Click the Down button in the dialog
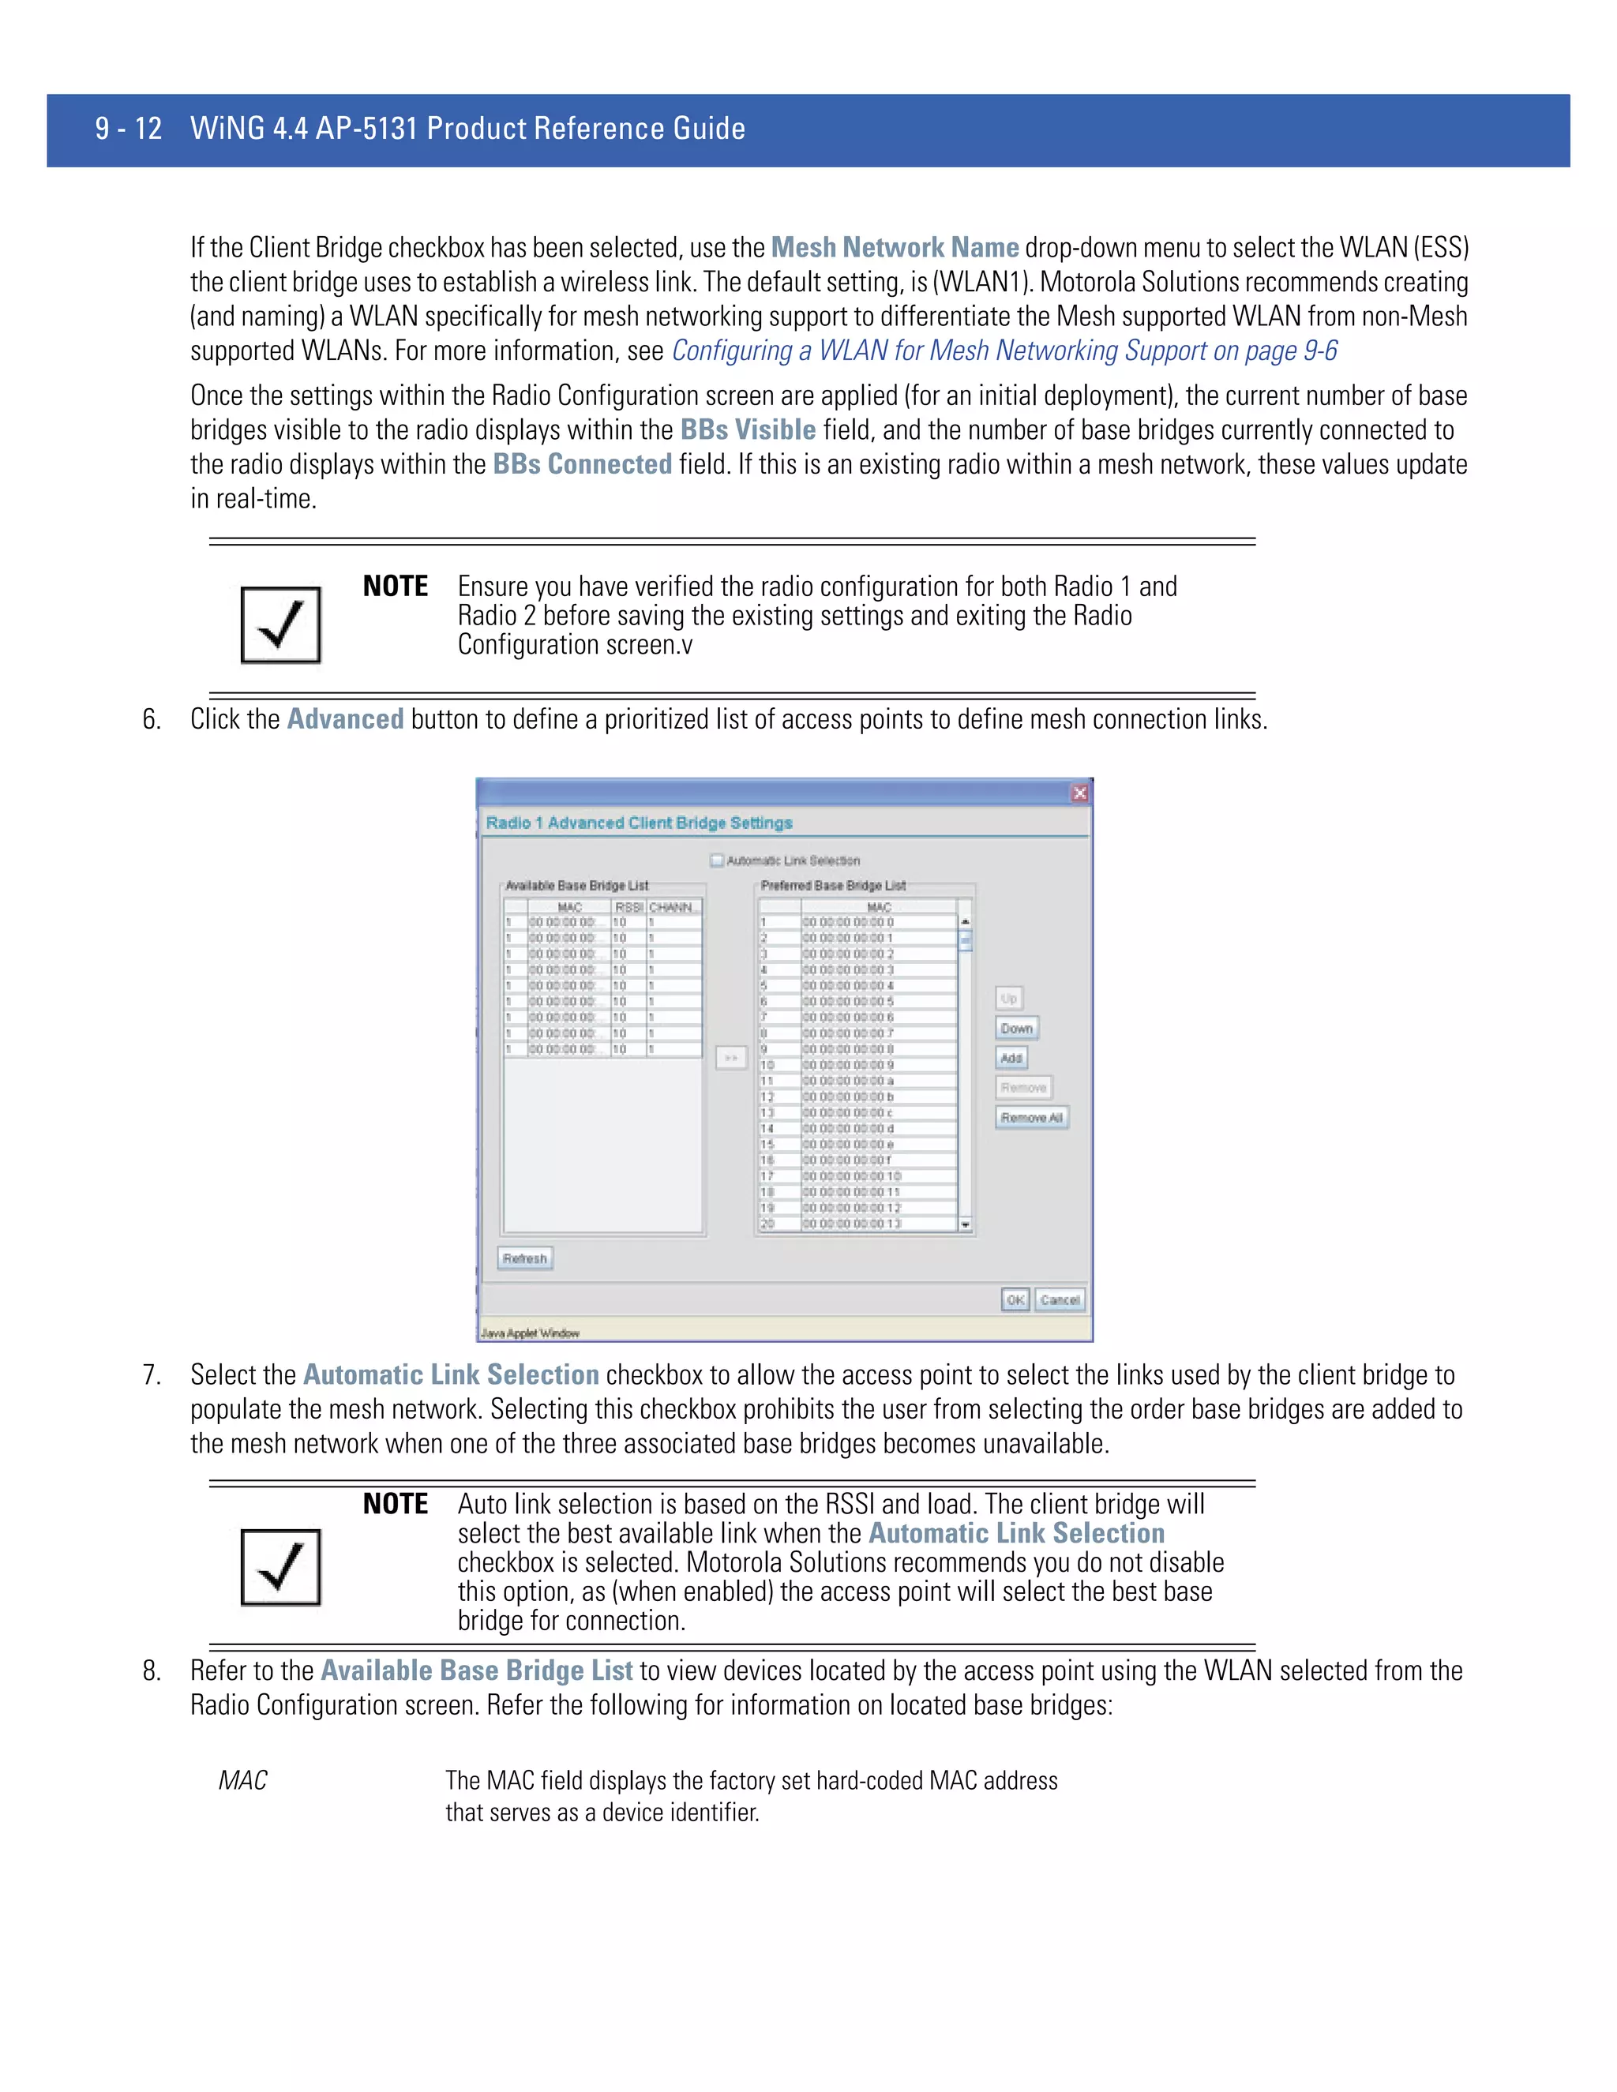pos(1016,1029)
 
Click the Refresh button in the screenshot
pos(525,1258)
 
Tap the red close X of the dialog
pos(1079,793)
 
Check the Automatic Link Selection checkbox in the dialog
pos(717,860)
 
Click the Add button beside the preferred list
pos(1011,1059)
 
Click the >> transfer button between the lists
pos(731,1058)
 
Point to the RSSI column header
pos(628,907)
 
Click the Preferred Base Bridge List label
pos(832,886)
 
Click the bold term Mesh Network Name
pos(895,248)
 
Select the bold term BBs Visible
pos(747,430)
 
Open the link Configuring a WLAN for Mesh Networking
pos(1004,351)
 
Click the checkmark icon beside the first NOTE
pos(280,624)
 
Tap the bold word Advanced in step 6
pos(345,719)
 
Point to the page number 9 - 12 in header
pos(129,129)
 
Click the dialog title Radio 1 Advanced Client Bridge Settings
pos(639,823)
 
